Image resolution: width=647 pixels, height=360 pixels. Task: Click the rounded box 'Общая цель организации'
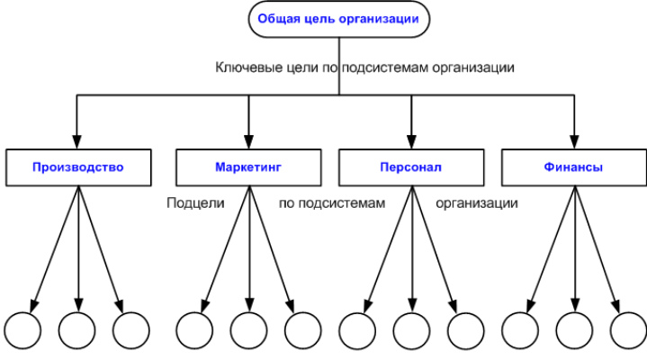click(x=338, y=19)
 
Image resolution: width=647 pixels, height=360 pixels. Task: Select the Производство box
click(x=78, y=167)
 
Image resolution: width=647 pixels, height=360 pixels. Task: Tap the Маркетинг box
click(x=248, y=167)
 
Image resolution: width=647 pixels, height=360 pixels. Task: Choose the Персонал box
click(x=411, y=167)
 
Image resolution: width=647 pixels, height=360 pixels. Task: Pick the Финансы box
click(x=574, y=167)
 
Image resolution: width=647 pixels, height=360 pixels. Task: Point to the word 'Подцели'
click(x=195, y=203)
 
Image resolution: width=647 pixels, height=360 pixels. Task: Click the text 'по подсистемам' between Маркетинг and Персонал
click(x=332, y=203)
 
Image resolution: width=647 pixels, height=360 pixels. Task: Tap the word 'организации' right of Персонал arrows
click(x=477, y=203)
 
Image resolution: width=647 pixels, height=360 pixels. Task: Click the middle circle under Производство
click(x=77, y=330)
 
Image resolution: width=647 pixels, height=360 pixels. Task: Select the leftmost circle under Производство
click(x=22, y=330)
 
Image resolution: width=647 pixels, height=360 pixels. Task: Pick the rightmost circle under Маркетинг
click(x=303, y=330)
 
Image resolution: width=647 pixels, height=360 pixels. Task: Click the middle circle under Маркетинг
click(x=249, y=330)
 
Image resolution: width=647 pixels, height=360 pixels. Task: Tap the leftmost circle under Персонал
click(x=357, y=330)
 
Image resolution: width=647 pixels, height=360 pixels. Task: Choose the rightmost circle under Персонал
click(x=466, y=330)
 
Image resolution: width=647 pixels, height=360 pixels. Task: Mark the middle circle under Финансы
click(x=574, y=330)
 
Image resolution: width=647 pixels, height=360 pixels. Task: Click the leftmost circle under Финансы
click(x=520, y=330)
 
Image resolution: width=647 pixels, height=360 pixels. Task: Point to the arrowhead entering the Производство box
click(x=76, y=141)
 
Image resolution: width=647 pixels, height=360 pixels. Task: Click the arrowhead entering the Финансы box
click(x=574, y=141)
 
